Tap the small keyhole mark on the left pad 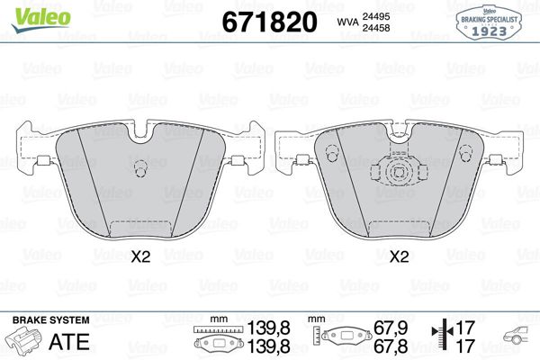coord(139,169)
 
